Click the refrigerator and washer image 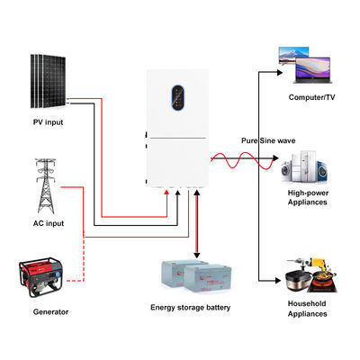(x=307, y=168)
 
